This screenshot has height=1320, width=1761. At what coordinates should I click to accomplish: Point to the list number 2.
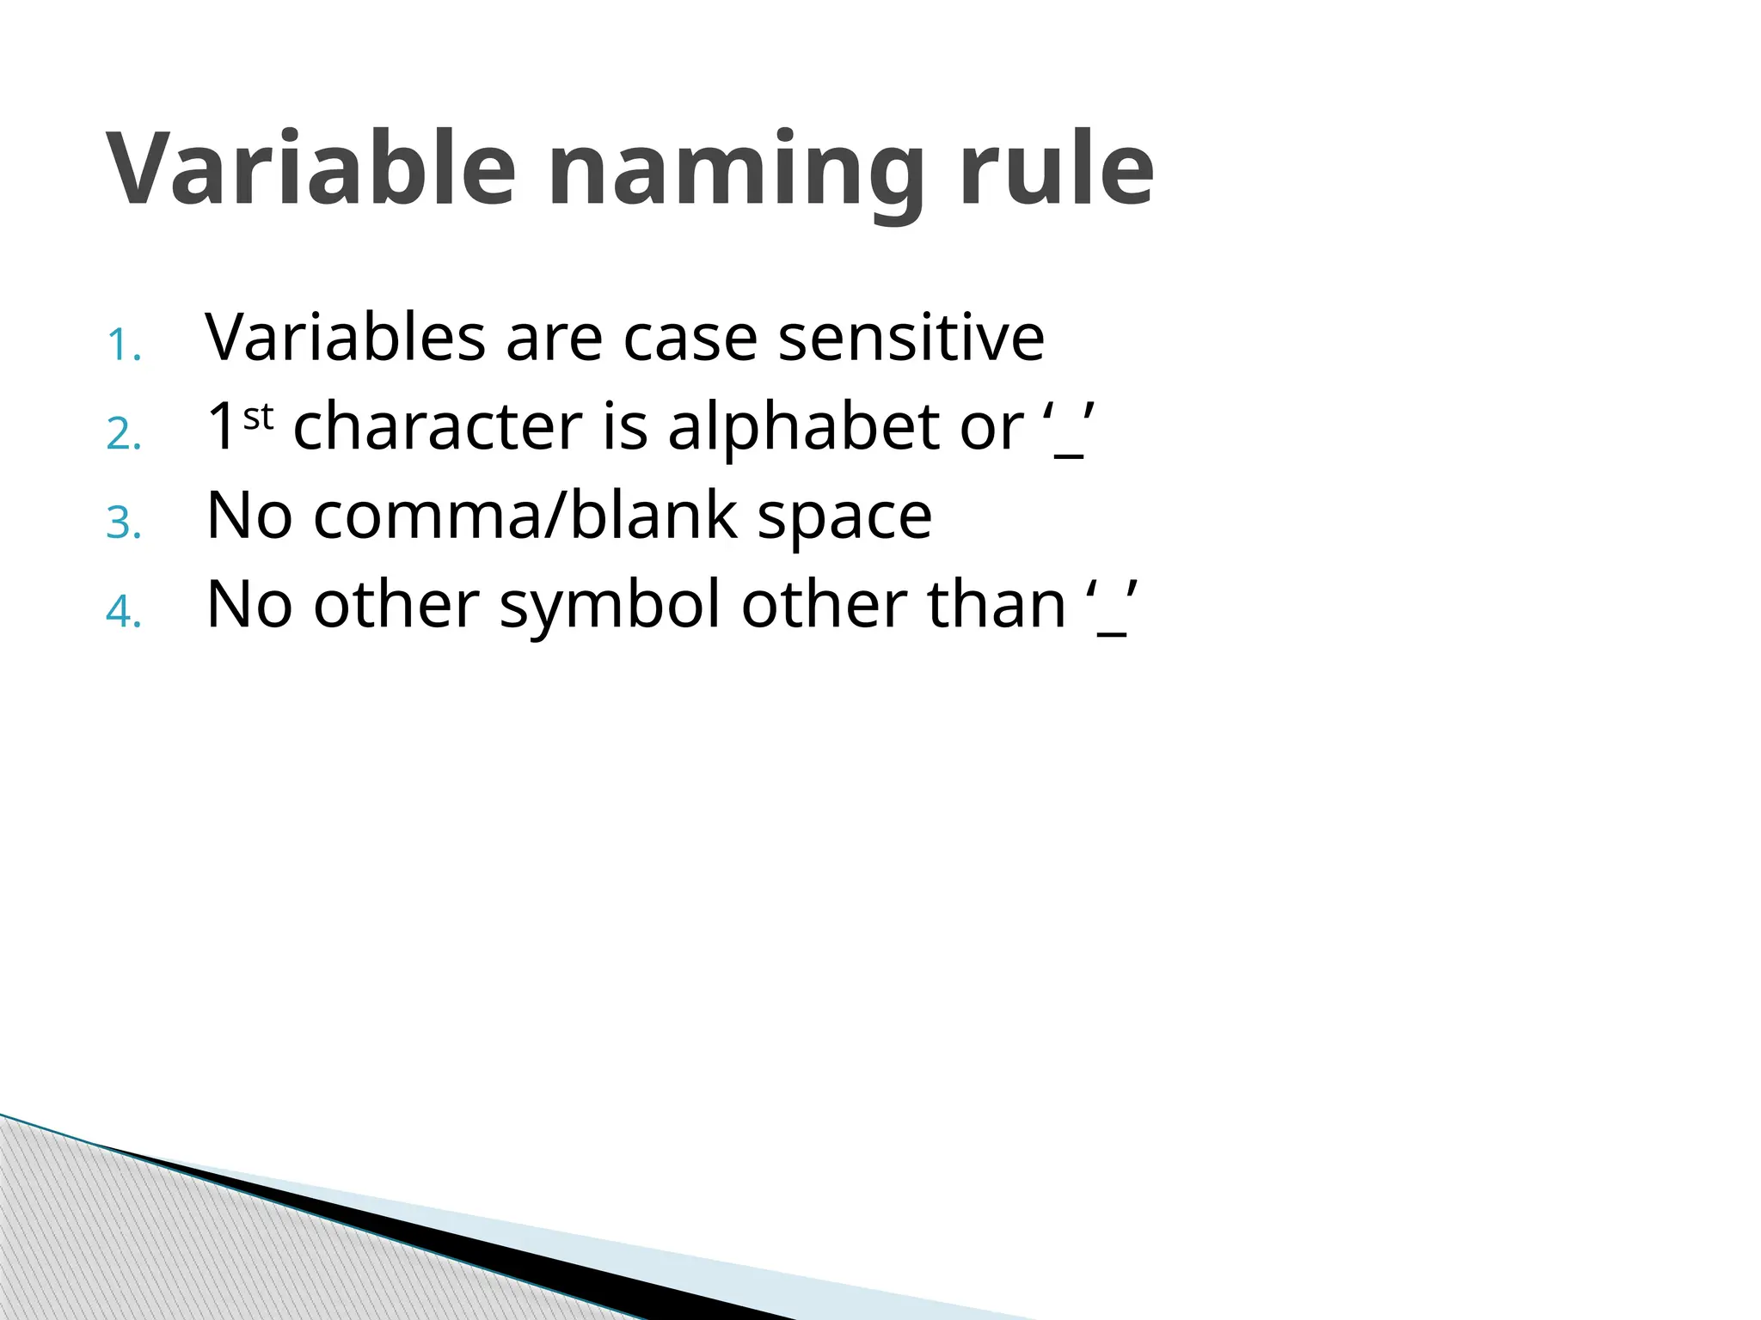pos(124,434)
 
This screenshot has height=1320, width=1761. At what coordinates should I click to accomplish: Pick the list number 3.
pos(124,523)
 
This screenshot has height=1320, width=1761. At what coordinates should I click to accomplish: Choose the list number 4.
pos(124,612)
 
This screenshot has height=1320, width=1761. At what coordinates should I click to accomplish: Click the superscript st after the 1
pos(258,418)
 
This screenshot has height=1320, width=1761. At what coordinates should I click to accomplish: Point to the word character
pos(438,426)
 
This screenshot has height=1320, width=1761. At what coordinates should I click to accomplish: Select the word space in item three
pos(844,519)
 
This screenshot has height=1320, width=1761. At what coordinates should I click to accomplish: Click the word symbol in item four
pos(610,607)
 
